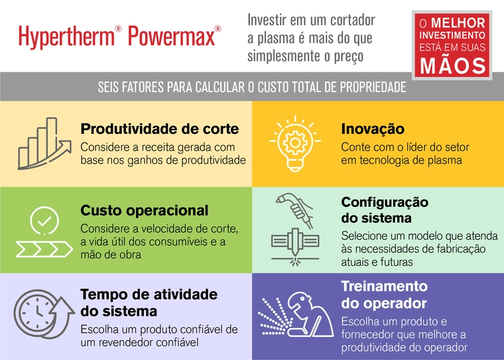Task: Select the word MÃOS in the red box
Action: [451, 65]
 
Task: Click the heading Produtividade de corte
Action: [159, 129]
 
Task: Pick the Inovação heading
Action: [372, 129]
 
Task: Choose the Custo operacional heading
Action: [144, 211]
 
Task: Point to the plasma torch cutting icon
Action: [295, 227]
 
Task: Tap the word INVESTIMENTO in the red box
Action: [451, 34]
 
